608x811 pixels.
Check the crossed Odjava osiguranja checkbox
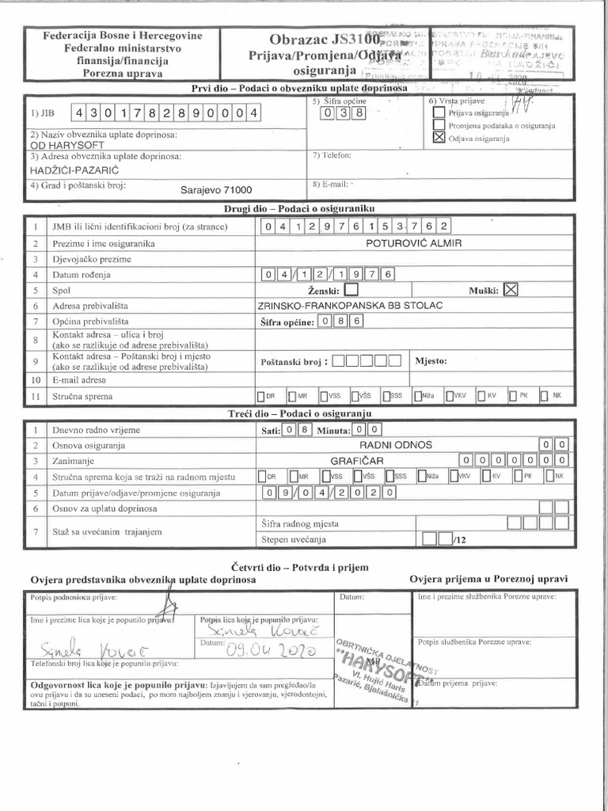(439, 138)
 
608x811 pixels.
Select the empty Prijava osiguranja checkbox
(439, 112)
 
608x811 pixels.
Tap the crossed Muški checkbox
(511, 290)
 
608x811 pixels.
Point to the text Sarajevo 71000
(216, 190)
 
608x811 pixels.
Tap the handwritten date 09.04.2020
(272, 650)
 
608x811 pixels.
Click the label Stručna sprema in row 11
(82, 396)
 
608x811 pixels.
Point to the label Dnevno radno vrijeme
(96, 429)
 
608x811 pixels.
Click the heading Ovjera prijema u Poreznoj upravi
(488, 579)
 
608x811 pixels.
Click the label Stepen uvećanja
(293, 539)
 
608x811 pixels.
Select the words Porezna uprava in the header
(122, 73)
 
